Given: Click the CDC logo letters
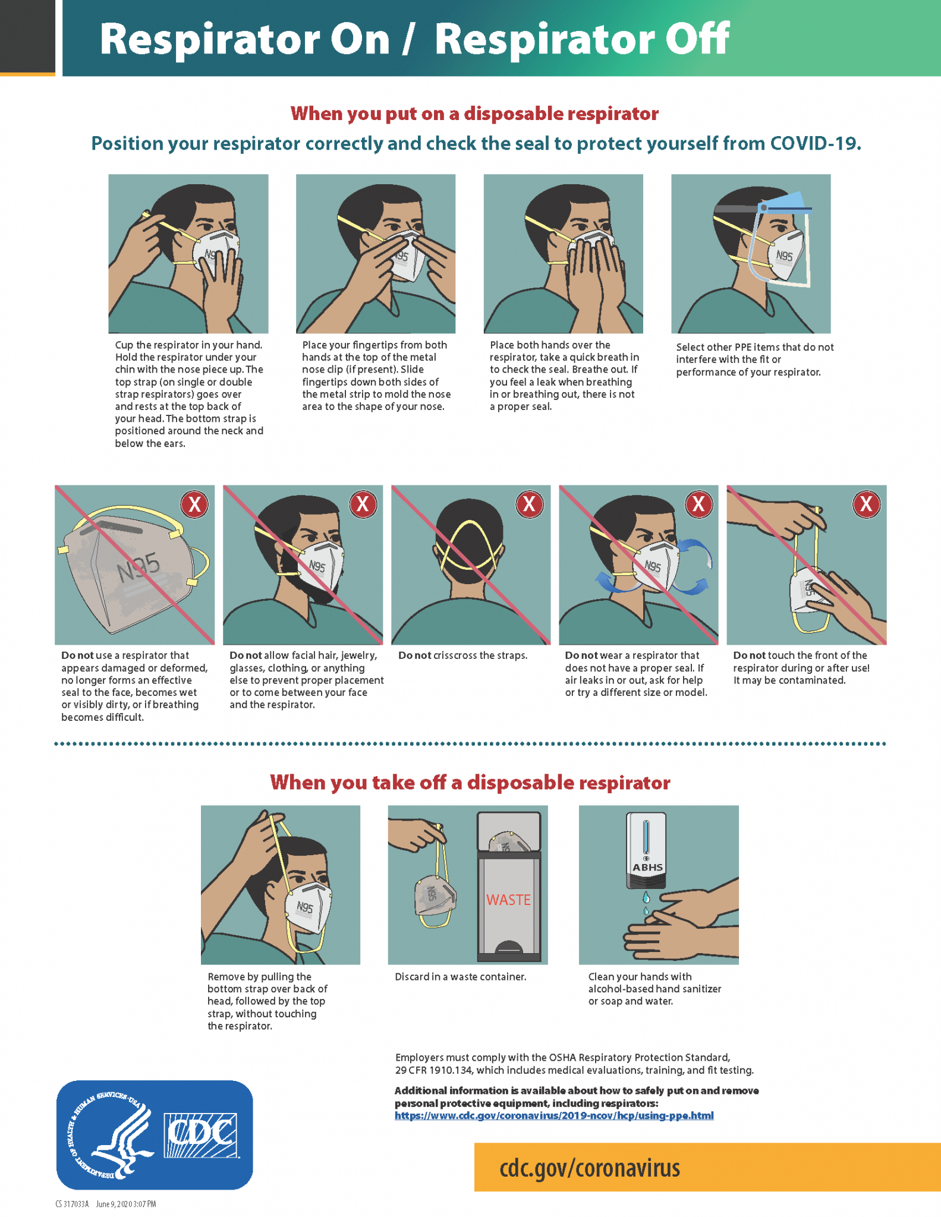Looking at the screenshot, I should coord(201,1135).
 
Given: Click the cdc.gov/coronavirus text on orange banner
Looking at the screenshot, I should coord(589,1168).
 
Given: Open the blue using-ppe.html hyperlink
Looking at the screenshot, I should coord(553,1115).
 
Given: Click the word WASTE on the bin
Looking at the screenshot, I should coord(508,900).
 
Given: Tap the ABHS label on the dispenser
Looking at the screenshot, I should coord(647,867).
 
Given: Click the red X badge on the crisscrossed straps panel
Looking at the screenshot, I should coord(529,505).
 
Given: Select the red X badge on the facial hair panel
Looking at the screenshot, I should coord(362,504).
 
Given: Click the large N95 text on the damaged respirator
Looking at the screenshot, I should coord(138,567).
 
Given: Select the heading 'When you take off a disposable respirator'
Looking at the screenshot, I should coord(470,782).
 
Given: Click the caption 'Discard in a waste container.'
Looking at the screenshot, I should coord(460,976).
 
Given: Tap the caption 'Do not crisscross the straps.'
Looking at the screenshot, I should coord(462,655).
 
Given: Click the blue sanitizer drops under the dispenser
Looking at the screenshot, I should coord(646,903).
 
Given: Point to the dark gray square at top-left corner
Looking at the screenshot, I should coord(27,36).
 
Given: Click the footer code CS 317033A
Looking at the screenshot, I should coord(72,1204).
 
